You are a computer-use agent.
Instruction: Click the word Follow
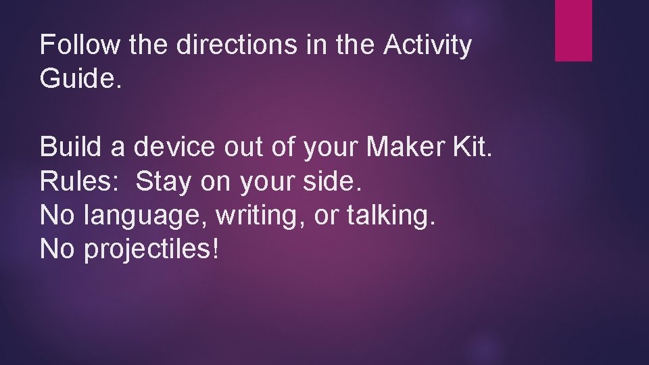[x=80, y=45]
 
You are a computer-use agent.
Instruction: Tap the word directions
[x=237, y=45]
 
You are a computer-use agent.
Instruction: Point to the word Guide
[x=80, y=77]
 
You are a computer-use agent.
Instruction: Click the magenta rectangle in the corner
[x=573, y=30]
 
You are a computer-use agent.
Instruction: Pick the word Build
[x=70, y=147]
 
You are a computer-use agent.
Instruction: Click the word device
[x=174, y=147]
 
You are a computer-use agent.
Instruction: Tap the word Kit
[x=473, y=147]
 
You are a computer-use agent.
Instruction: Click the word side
[x=332, y=180]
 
